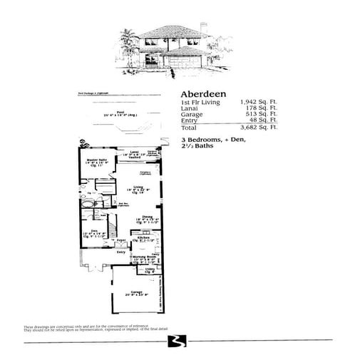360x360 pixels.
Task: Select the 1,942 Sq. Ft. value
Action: click(x=258, y=103)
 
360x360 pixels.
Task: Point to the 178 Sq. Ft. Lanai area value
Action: click(x=262, y=109)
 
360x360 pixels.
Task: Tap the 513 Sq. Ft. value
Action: click(x=262, y=115)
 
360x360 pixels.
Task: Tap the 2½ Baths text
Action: click(x=197, y=145)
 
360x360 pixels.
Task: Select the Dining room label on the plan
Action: click(x=148, y=216)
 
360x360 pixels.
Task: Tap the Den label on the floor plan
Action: click(x=93, y=230)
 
